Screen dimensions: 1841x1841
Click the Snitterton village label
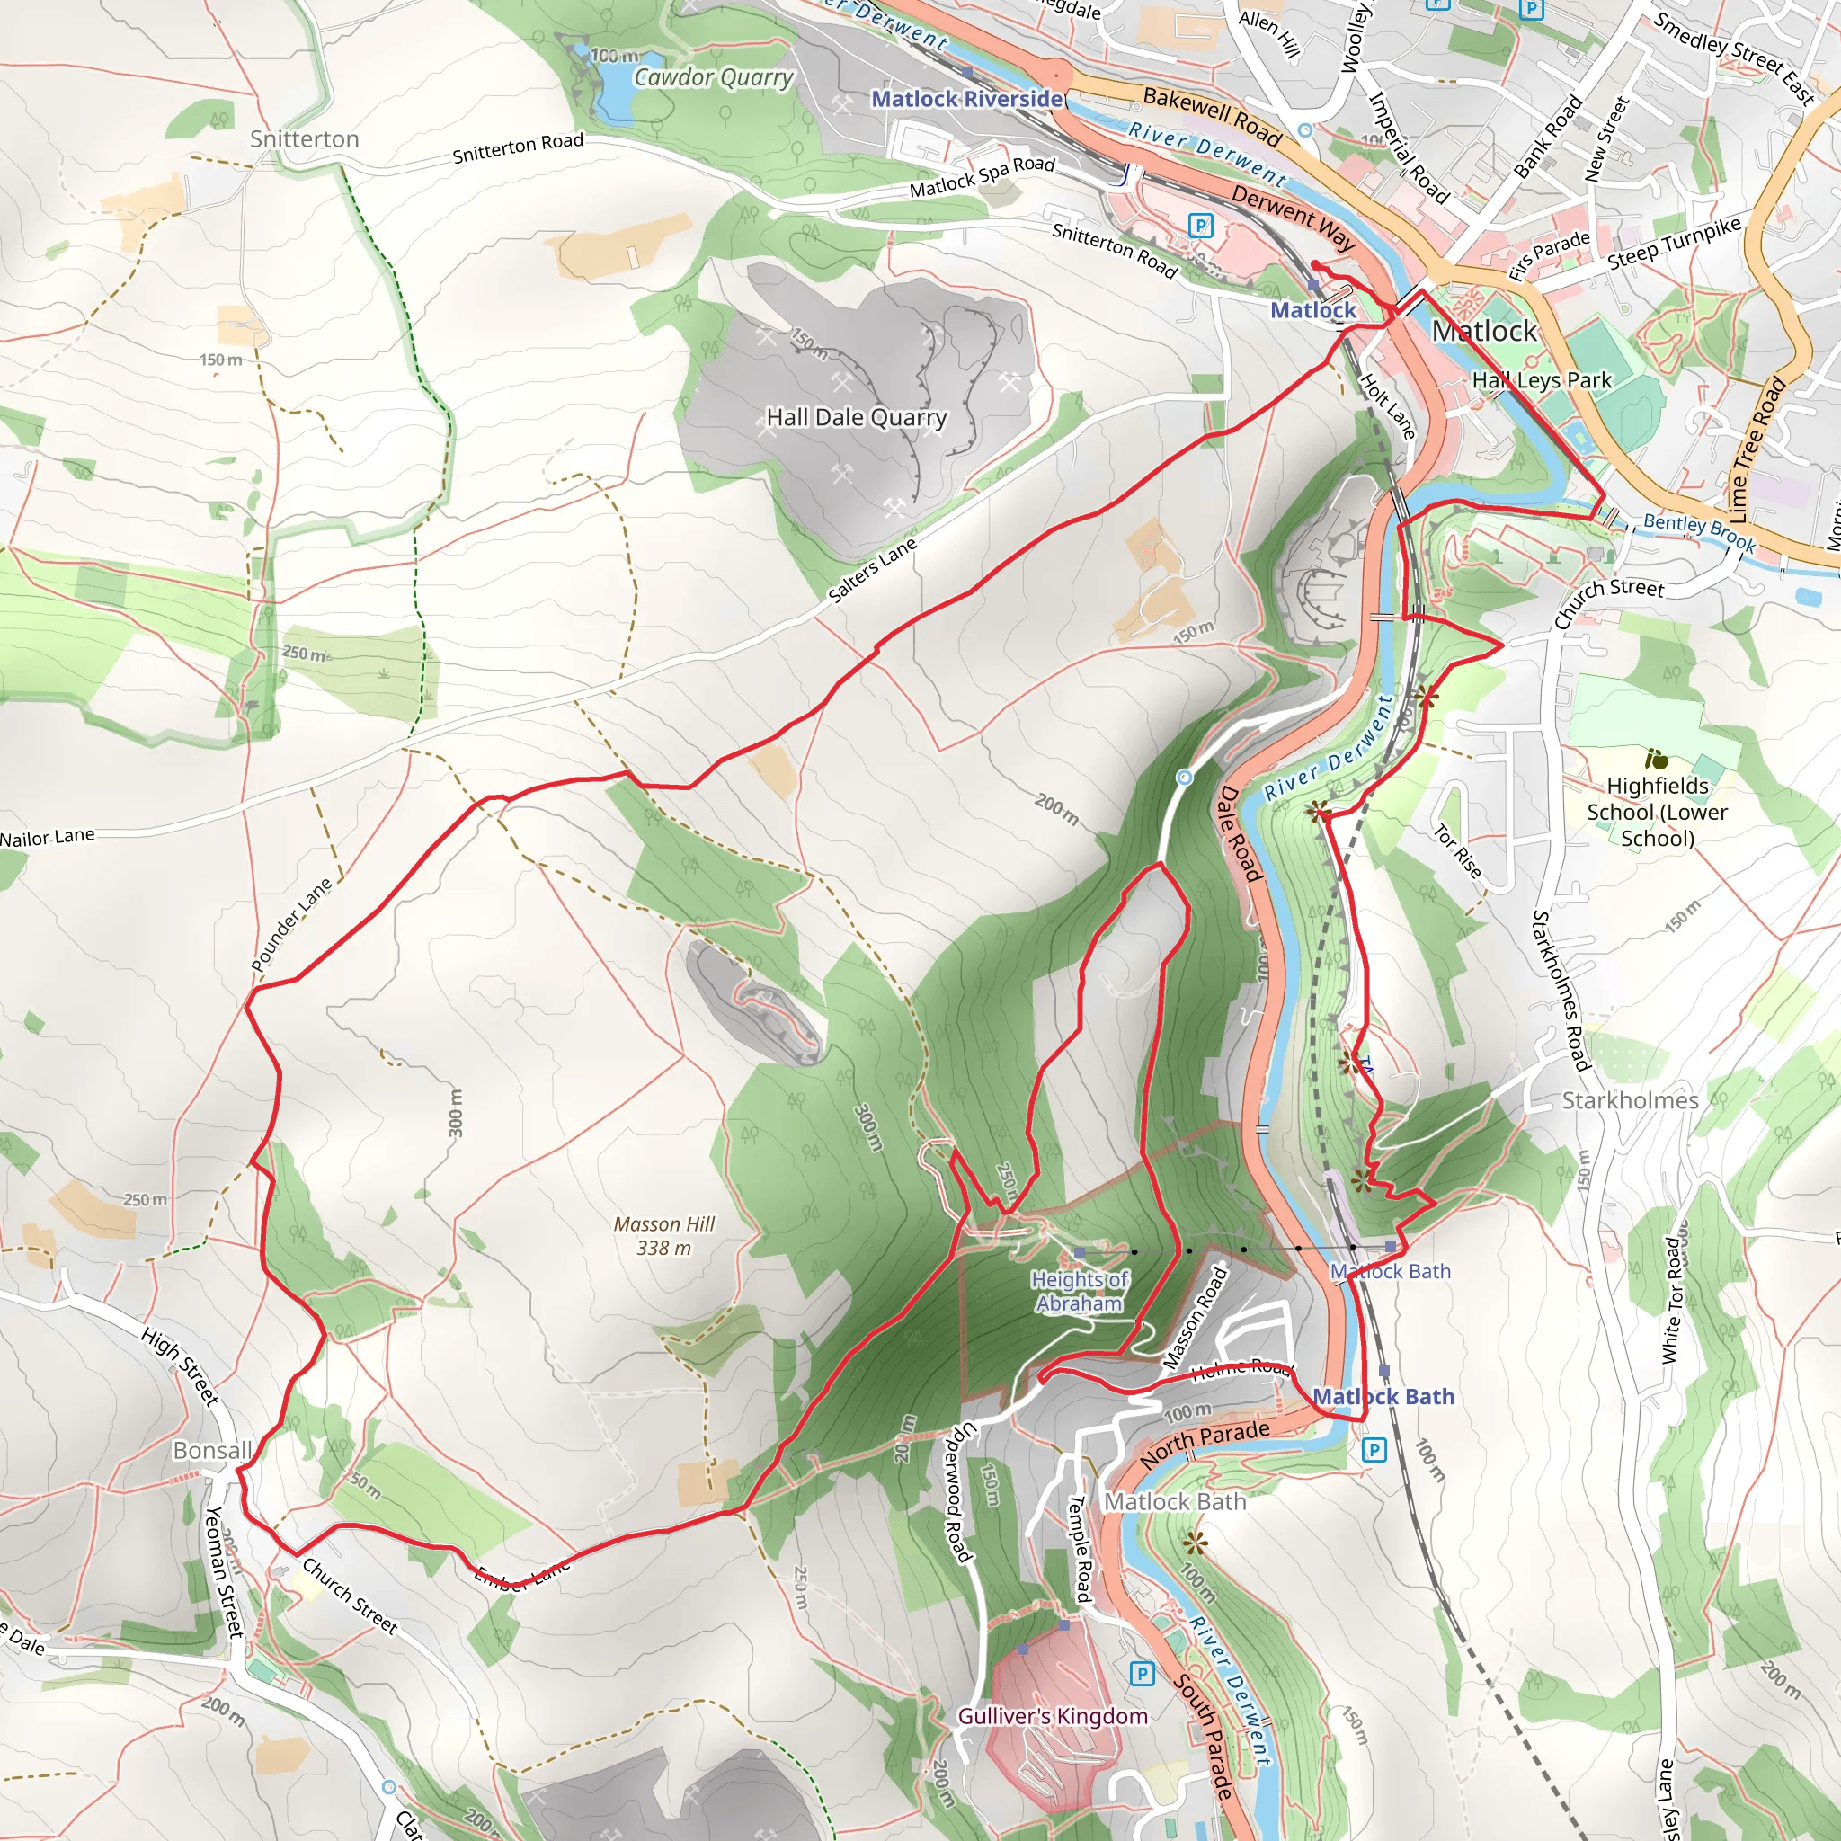[304, 139]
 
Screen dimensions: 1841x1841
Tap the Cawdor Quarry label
[713, 77]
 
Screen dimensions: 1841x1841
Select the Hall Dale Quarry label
[856, 417]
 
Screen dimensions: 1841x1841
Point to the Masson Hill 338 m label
[664, 1236]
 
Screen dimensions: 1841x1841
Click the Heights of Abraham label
[1080, 1292]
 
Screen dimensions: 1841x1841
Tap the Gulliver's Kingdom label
[1052, 1716]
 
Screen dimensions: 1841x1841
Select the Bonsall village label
[211, 1450]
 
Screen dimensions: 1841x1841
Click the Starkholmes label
[1630, 1100]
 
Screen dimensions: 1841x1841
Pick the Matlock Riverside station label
[966, 98]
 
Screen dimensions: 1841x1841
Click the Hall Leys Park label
[1541, 380]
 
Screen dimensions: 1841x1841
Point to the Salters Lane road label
[872, 570]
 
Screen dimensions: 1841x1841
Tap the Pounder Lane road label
[291, 924]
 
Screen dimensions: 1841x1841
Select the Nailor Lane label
[48, 838]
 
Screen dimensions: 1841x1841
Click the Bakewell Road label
[1212, 115]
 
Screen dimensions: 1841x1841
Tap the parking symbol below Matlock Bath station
[1374, 1450]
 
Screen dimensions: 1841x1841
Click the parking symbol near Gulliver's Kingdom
[1142, 1673]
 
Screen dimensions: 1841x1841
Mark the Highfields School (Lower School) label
[1657, 812]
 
